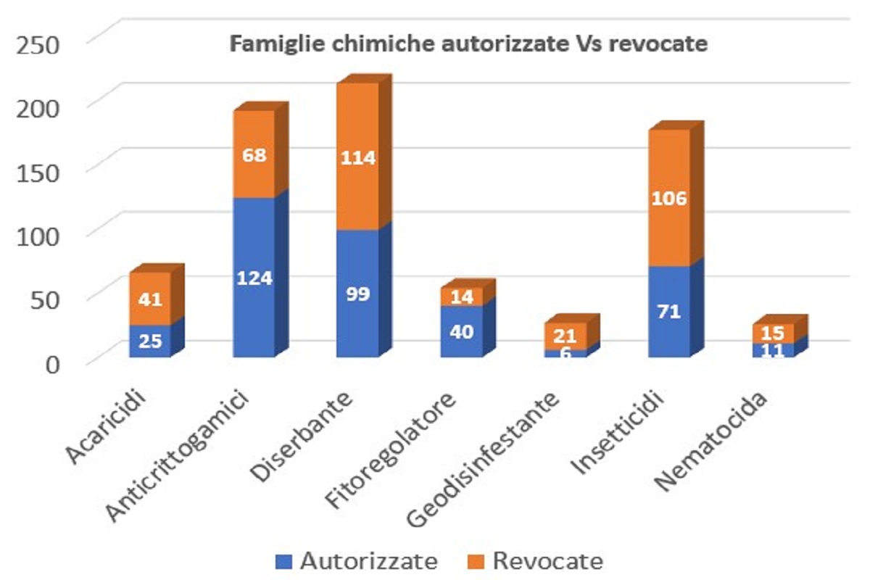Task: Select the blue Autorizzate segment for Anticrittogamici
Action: [253, 246]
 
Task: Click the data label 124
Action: [253, 278]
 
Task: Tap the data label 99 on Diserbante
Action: [357, 294]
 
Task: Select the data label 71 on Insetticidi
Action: [668, 312]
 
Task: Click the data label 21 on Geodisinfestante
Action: [565, 336]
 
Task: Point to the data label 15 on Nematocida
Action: [774, 333]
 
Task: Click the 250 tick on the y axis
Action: [40, 45]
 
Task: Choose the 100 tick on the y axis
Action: [40, 234]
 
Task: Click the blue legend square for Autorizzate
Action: [284, 560]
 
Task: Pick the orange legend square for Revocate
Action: [477, 560]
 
